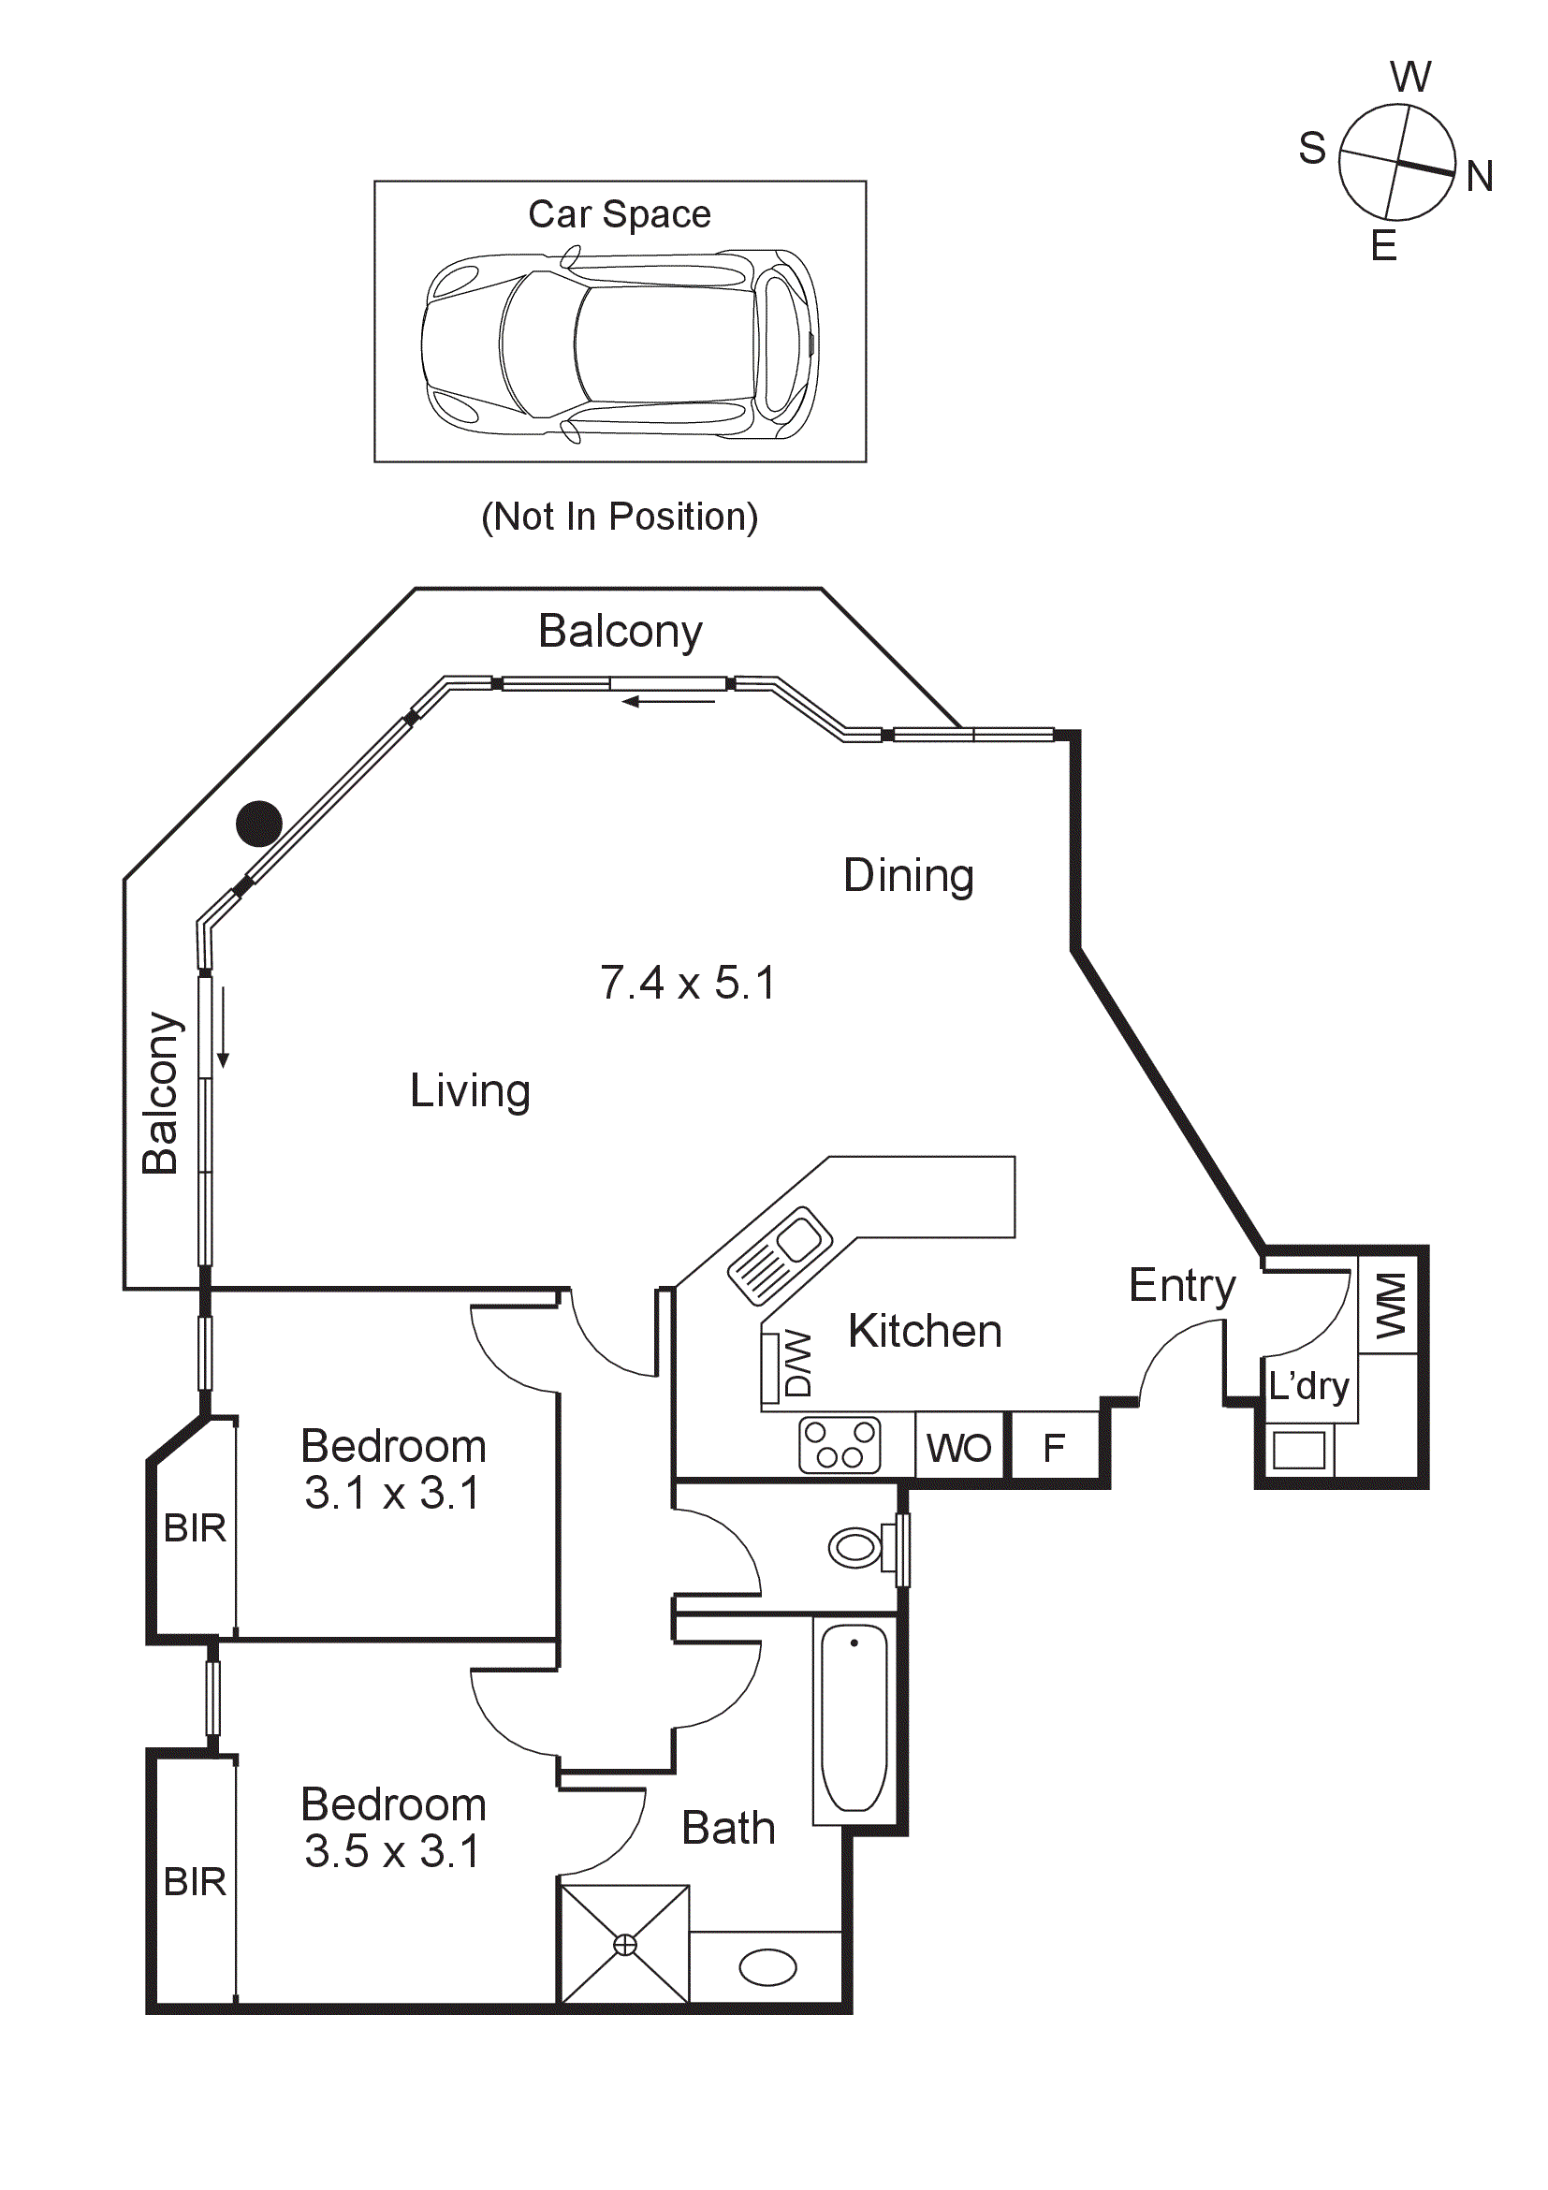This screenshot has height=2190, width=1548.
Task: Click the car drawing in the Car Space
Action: pos(620,345)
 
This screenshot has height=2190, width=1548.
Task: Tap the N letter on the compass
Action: pos(1479,177)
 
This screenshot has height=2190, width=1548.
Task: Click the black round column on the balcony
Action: pos(259,824)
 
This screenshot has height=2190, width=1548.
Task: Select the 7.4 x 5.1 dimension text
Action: pos(688,983)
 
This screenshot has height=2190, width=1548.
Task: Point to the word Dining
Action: pos(908,875)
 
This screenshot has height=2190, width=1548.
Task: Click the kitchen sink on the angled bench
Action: pos(781,1254)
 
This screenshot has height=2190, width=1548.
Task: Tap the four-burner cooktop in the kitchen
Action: pos(840,1445)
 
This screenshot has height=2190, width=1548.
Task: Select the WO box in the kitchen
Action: pos(958,1448)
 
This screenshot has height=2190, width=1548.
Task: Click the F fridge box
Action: pos(1053,1448)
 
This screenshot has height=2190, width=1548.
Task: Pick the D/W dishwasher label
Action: pos(796,1363)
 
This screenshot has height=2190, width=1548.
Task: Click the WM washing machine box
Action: pos(1389,1305)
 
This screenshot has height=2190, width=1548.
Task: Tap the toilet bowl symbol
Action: pos(856,1547)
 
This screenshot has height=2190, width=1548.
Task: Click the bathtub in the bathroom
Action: pos(854,1716)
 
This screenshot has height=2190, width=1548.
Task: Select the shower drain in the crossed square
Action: pos(625,1944)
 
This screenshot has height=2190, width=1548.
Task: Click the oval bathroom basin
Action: pos(767,1967)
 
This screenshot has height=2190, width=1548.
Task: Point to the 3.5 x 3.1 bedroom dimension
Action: pos(392,1851)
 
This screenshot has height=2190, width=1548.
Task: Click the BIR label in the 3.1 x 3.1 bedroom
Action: pos(195,1528)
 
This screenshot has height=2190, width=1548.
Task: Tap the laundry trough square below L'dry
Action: pos(1298,1451)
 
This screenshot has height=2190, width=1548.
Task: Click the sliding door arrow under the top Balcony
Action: pos(667,702)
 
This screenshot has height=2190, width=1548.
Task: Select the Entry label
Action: pos(1181,1285)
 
